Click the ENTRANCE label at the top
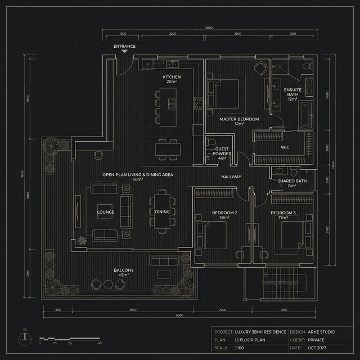[124, 46]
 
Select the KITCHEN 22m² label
[172, 79]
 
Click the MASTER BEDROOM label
[239, 121]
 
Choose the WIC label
[285, 147]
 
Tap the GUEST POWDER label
[222, 154]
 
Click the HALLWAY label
[231, 177]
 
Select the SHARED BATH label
[292, 183]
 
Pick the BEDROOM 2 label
[224, 214]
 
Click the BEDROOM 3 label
[283, 214]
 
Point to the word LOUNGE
[106, 212]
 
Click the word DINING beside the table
[162, 212]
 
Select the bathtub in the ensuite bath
[304, 115]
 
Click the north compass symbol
[25, 338]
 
